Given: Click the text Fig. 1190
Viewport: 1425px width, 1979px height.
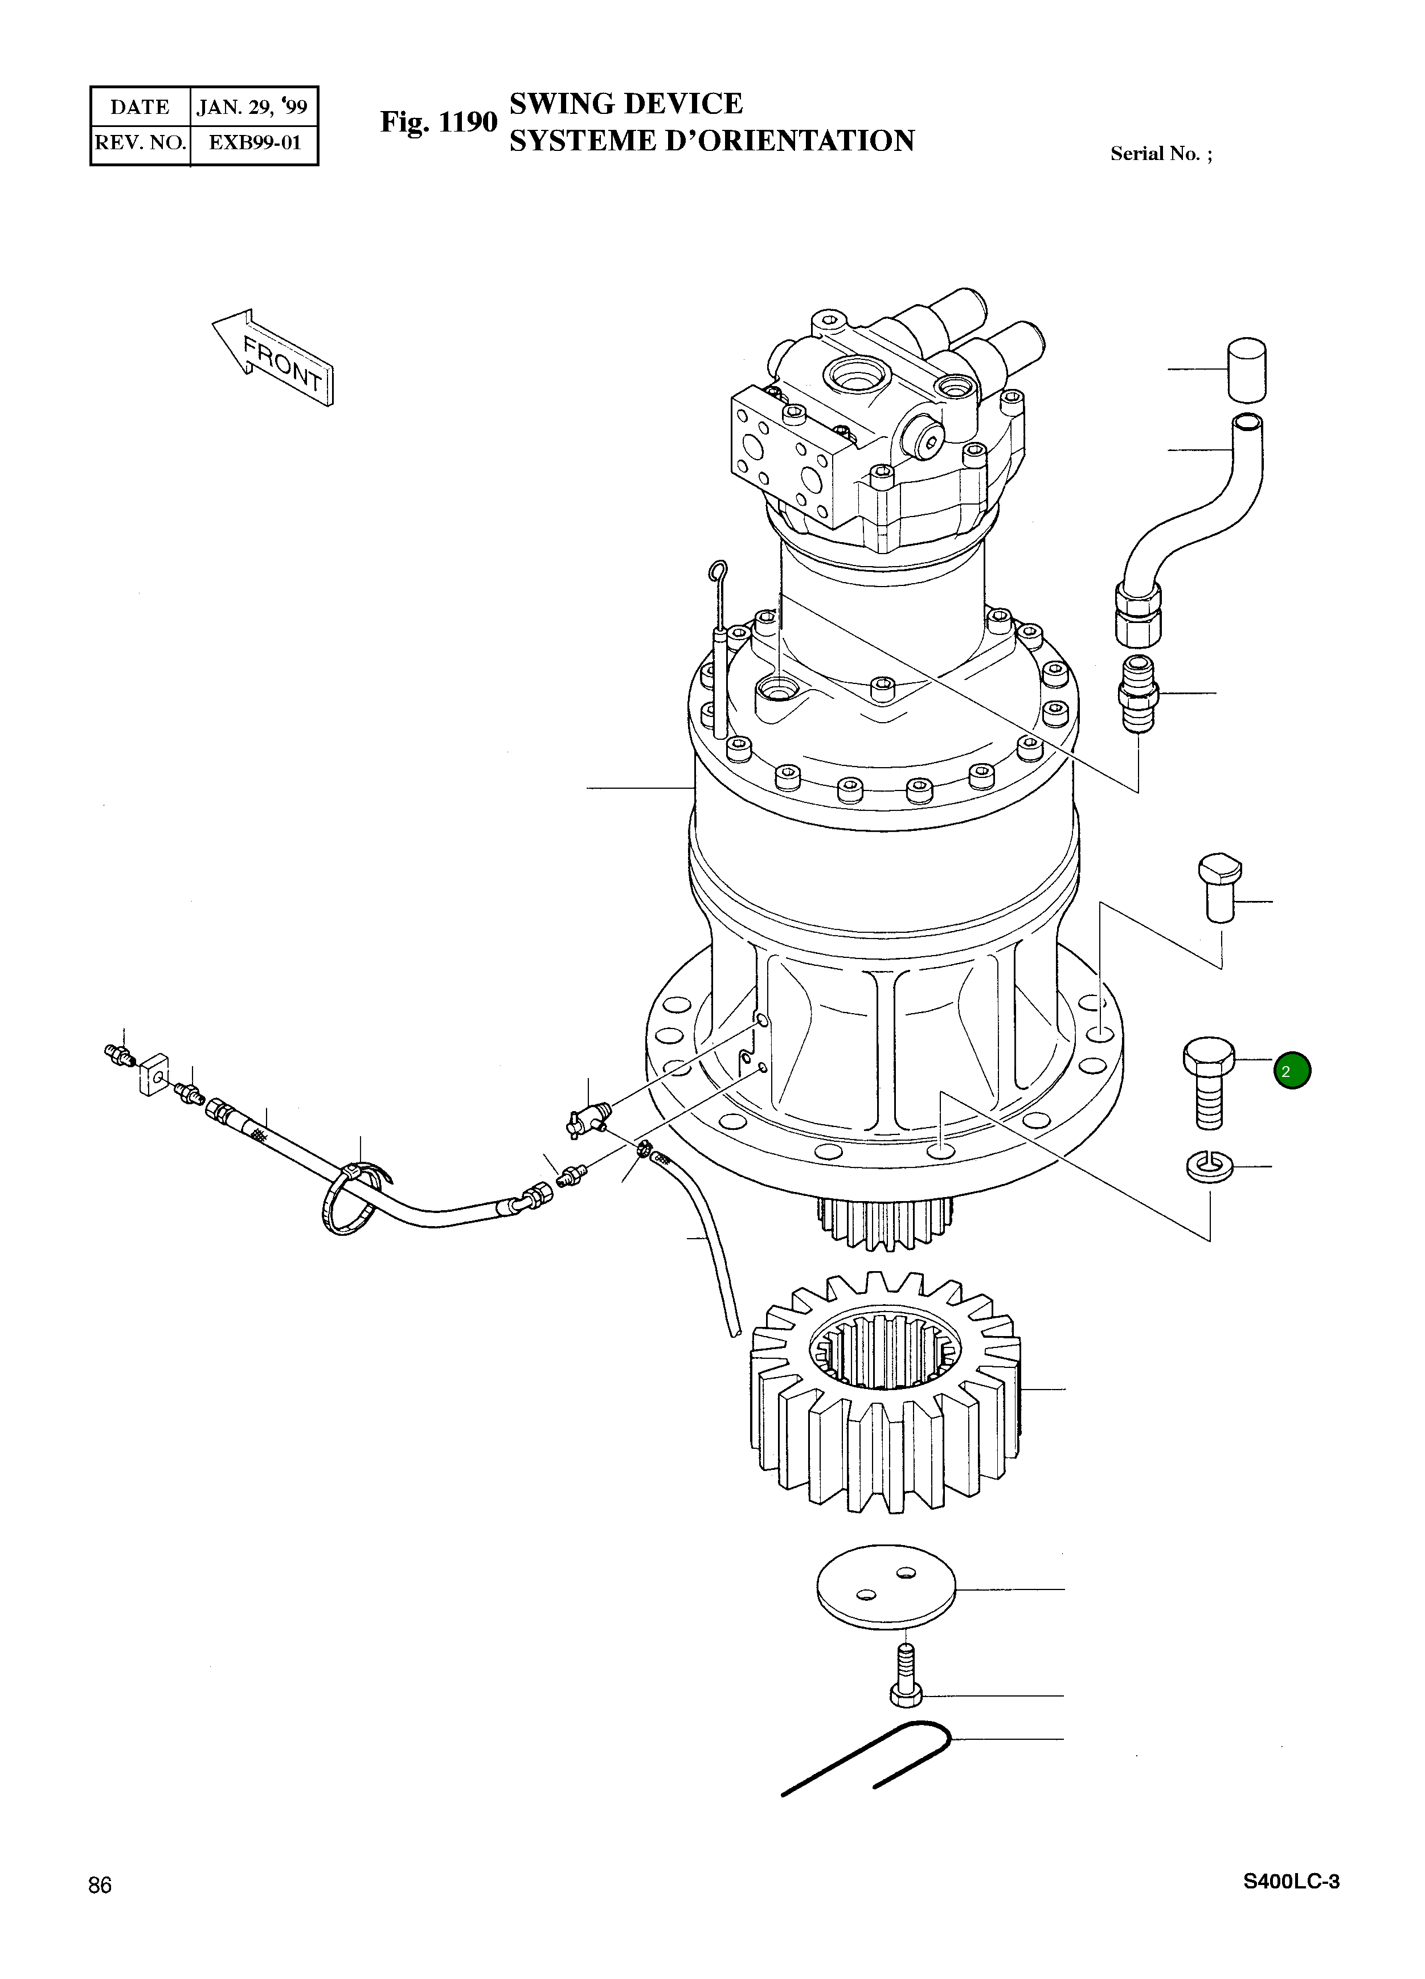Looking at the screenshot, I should pyautogui.click(x=438, y=122).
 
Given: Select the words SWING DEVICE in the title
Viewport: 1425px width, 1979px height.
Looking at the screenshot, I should pyautogui.click(x=626, y=104).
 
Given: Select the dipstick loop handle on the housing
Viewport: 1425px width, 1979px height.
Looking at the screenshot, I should pyautogui.click(x=716, y=572).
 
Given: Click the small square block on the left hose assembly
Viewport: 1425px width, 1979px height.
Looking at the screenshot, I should pyautogui.click(x=154, y=1076).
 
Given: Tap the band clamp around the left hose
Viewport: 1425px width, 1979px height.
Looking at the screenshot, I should pyautogui.click(x=354, y=1200).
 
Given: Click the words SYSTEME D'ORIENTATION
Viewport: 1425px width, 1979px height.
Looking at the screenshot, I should pyautogui.click(x=711, y=141).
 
